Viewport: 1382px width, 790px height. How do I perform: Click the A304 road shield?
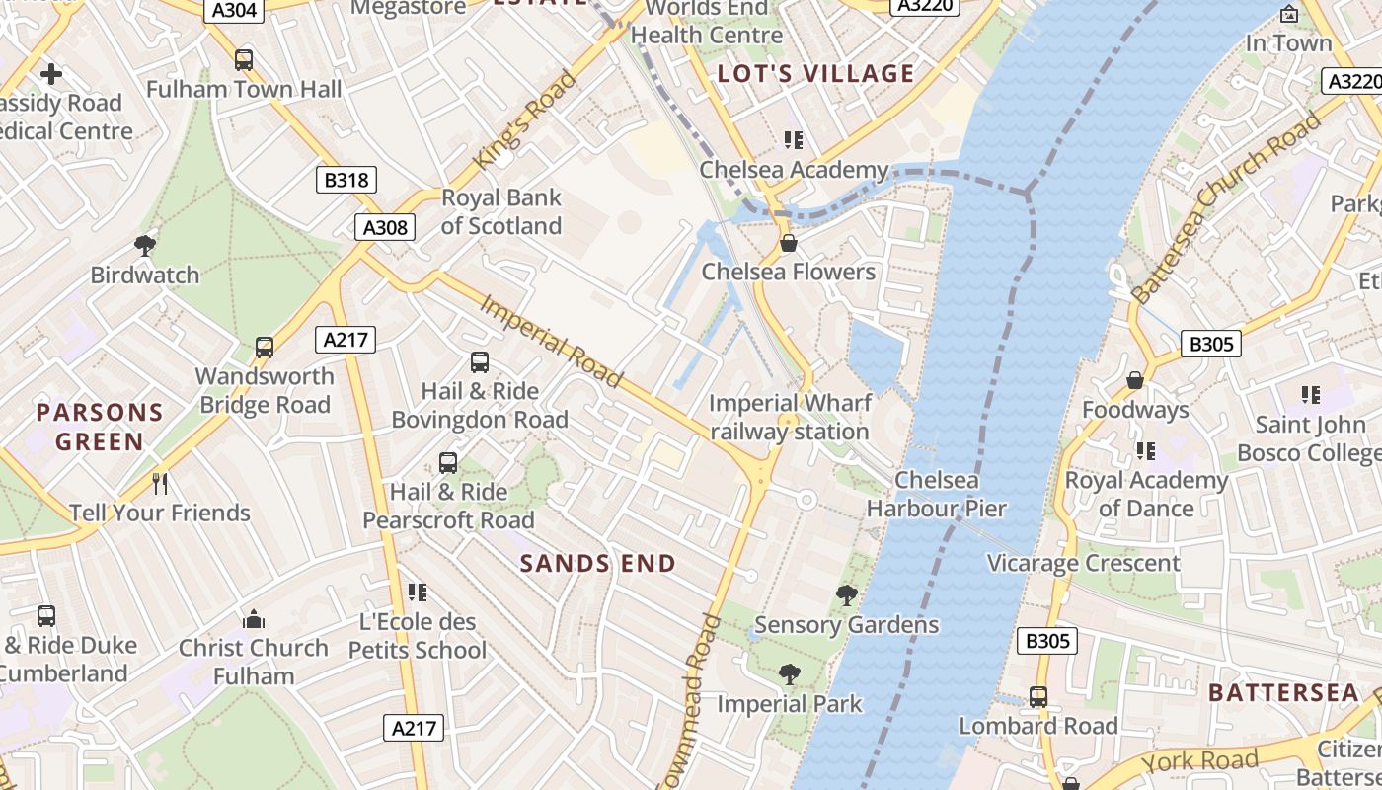pos(235,11)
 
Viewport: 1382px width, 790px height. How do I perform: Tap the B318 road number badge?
pos(345,180)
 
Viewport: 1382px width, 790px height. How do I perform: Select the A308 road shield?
pos(384,227)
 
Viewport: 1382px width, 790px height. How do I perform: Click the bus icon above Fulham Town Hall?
pos(244,60)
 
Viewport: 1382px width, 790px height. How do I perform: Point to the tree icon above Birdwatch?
pos(145,245)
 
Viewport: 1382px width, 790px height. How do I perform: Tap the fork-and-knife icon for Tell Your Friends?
pos(160,483)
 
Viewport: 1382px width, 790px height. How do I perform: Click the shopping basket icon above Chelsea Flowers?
pos(788,242)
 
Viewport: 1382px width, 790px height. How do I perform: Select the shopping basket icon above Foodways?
pos(1135,380)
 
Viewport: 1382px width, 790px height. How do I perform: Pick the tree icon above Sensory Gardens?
pos(846,594)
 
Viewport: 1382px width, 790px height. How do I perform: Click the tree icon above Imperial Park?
pos(789,674)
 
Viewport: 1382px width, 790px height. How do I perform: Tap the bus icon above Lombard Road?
pos(1038,696)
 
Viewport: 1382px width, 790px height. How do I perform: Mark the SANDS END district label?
pos(597,564)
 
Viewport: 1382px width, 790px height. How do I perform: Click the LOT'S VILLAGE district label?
pos(815,73)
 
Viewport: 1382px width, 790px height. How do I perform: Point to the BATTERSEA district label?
pos(1283,692)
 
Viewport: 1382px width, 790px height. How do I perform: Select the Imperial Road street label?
pos(552,341)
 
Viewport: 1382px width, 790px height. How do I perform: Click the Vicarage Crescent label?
pos(1084,563)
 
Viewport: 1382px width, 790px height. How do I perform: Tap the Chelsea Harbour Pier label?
pos(936,495)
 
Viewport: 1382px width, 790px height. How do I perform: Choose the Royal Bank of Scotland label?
pos(501,211)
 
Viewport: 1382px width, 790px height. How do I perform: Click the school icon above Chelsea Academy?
pos(793,140)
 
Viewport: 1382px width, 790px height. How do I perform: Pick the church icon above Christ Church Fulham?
pos(254,619)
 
